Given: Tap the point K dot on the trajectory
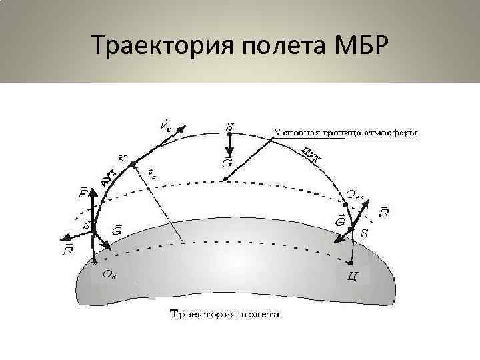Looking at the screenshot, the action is coord(133,163).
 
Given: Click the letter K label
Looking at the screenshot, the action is coord(121,158).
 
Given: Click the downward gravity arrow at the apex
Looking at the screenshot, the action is coord(229,143).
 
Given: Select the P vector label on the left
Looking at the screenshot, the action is coord(83,195).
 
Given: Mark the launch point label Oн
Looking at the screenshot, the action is coord(109,273).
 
